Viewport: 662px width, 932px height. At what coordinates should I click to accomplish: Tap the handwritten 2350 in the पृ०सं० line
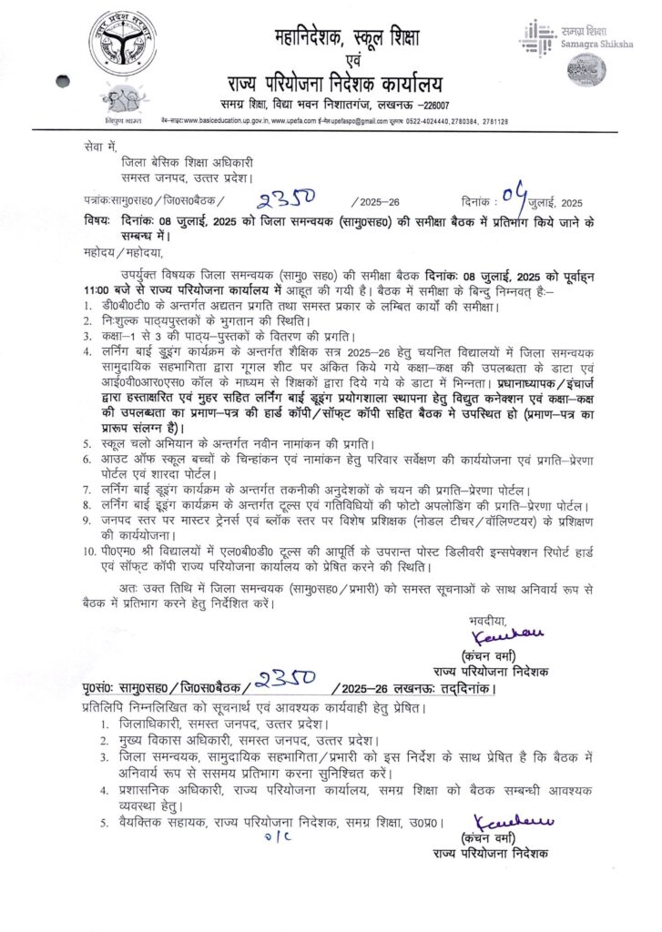coord(285,680)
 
